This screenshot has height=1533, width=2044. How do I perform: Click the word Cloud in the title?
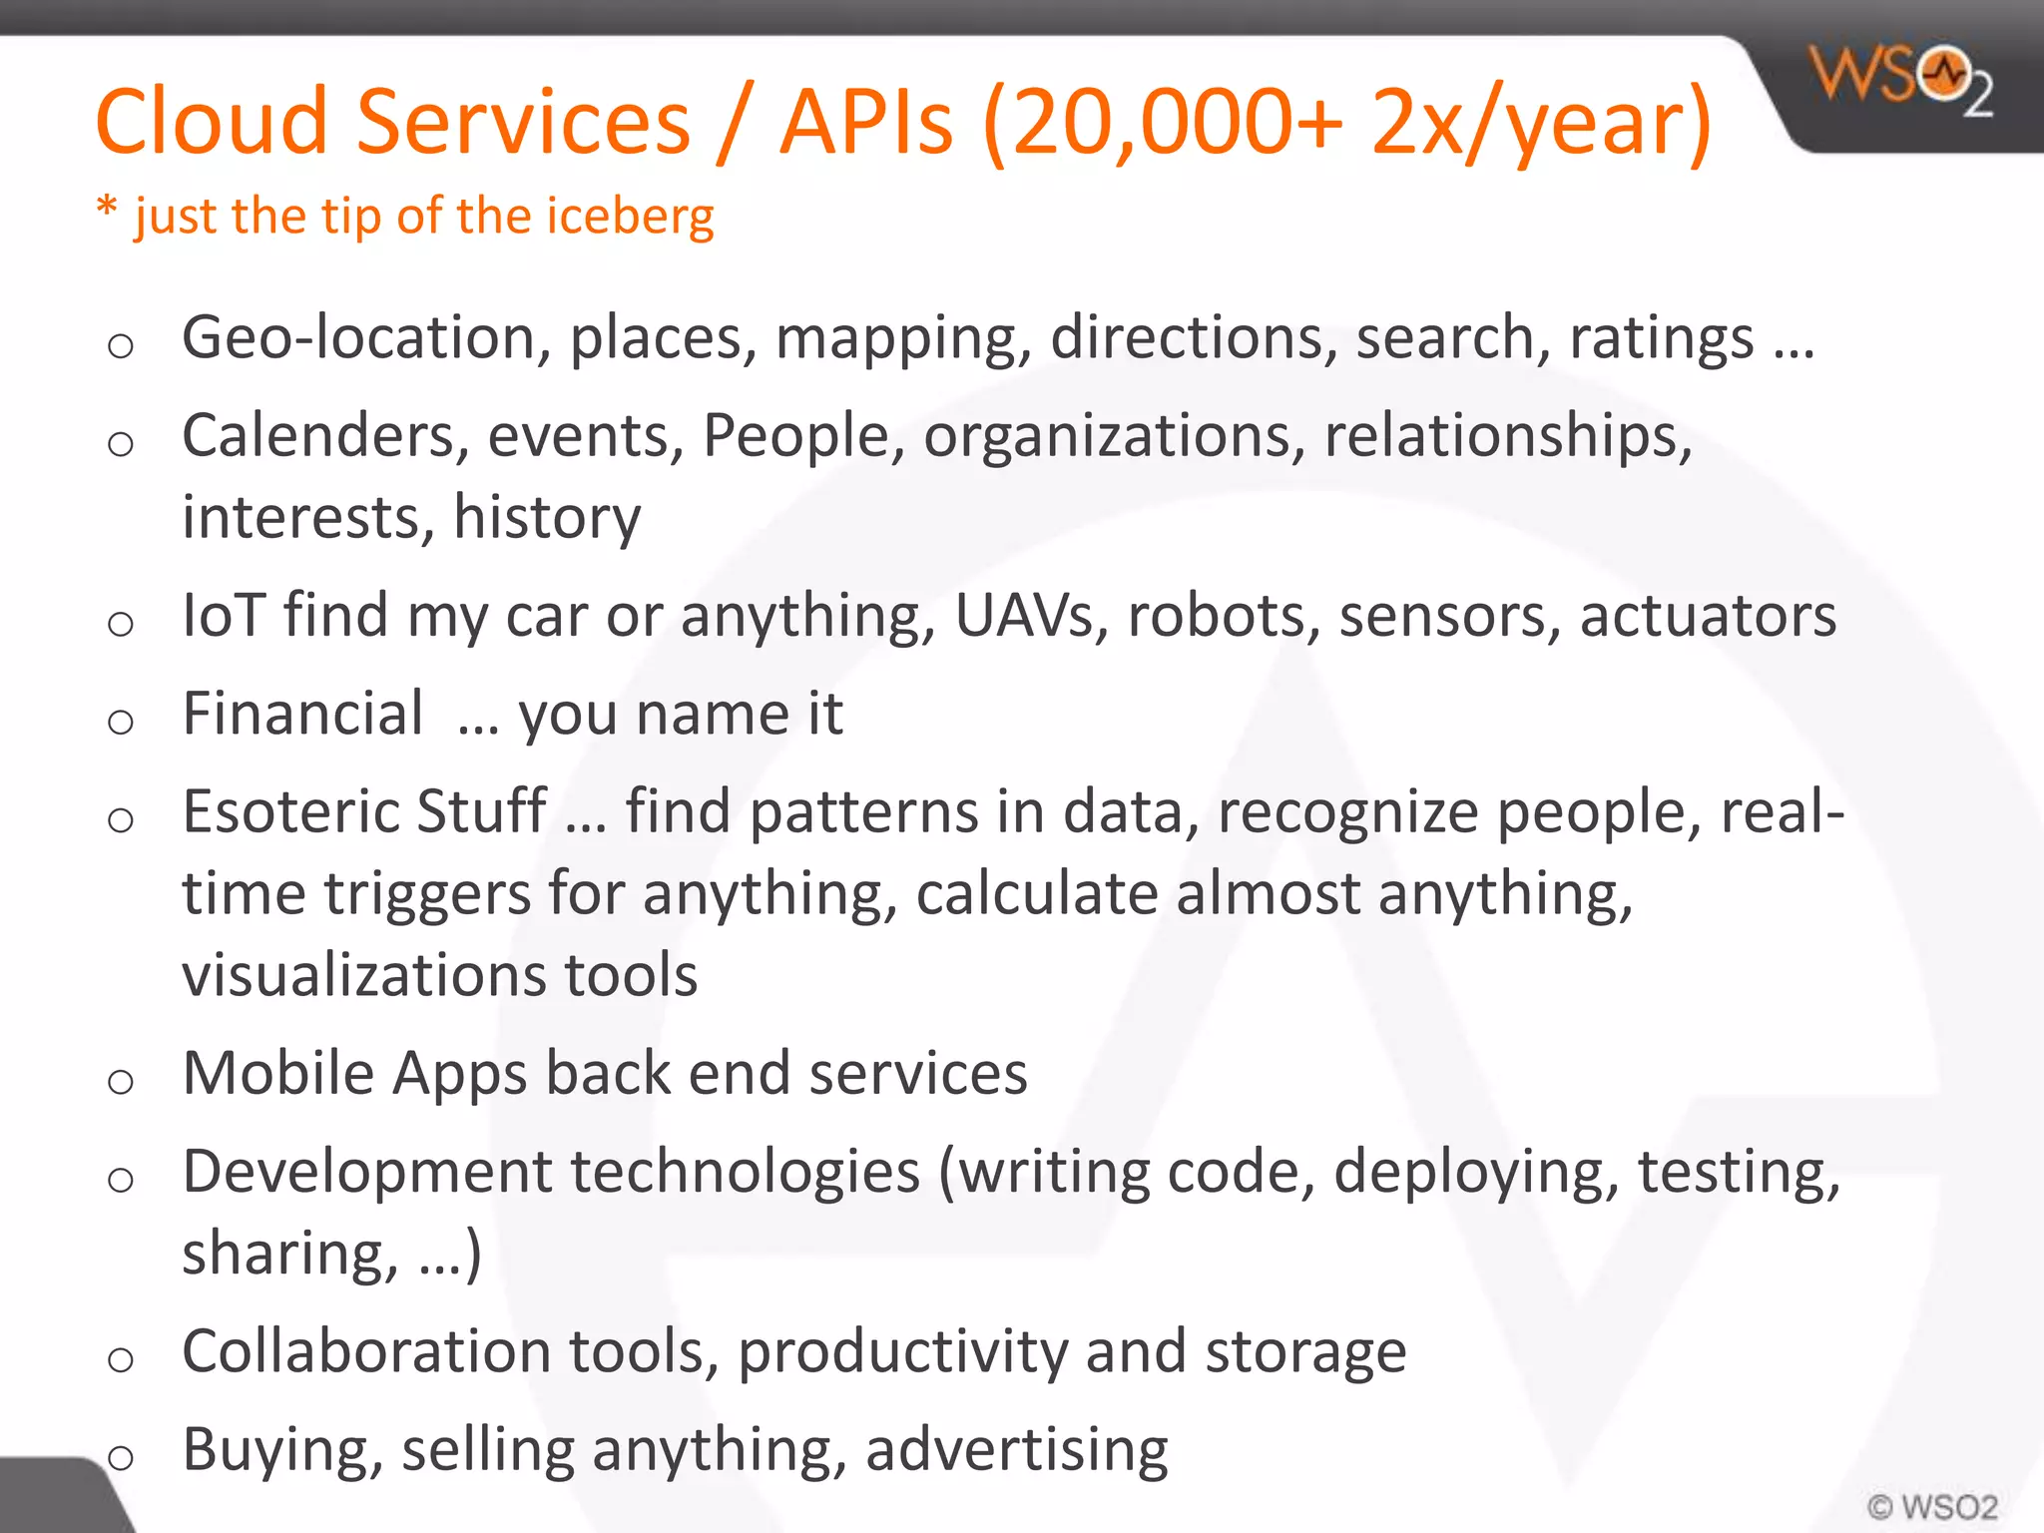[x=211, y=122]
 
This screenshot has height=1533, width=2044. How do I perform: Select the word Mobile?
[x=278, y=1074]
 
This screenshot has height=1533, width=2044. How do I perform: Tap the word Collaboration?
[x=365, y=1352]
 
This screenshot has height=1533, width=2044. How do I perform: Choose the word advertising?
[x=1016, y=1451]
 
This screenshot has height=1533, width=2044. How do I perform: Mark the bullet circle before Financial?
[x=121, y=722]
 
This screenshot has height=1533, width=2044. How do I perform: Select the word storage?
[x=1305, y=1352]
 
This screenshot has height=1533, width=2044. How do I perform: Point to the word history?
[x=547, y=518]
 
